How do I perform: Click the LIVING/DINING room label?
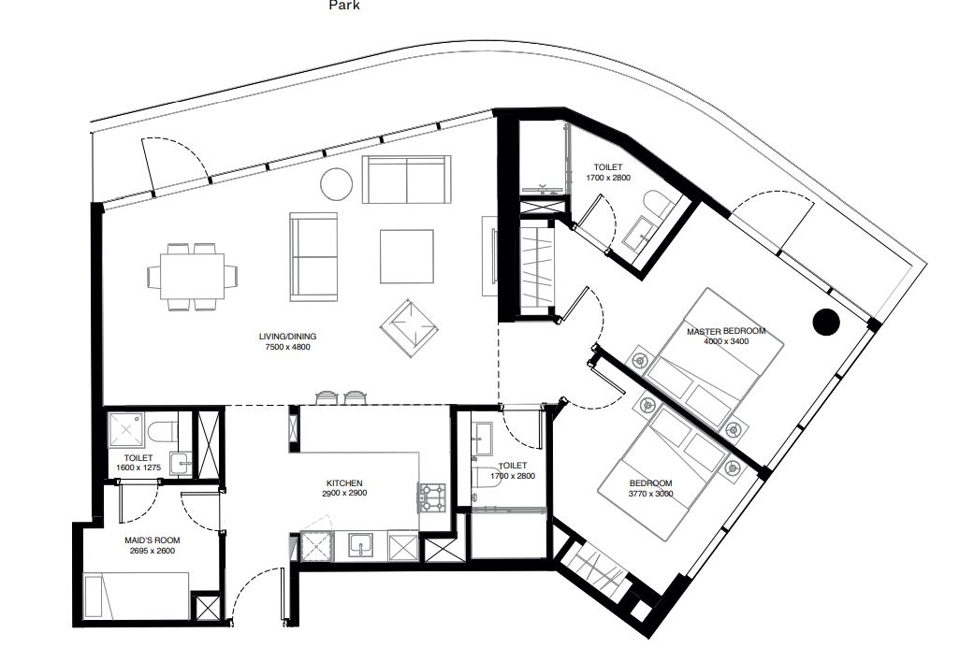287,337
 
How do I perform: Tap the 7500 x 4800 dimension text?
287,347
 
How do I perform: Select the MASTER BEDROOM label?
726,331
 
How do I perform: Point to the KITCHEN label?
344,483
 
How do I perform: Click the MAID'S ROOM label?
153,540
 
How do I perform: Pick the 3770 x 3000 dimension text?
651,494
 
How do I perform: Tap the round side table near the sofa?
337,184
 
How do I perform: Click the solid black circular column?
826,322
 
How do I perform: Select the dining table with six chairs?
193,277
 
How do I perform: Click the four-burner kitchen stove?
432,497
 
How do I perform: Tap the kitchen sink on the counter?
360,547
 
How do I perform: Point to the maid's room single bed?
136,596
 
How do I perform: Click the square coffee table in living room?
407,256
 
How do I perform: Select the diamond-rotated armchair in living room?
410,328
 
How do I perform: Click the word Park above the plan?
344,6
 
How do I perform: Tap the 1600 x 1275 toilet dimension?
138,468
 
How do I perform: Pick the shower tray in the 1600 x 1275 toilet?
126,430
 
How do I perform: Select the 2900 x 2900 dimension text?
344,493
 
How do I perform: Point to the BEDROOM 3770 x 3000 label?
651,489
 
